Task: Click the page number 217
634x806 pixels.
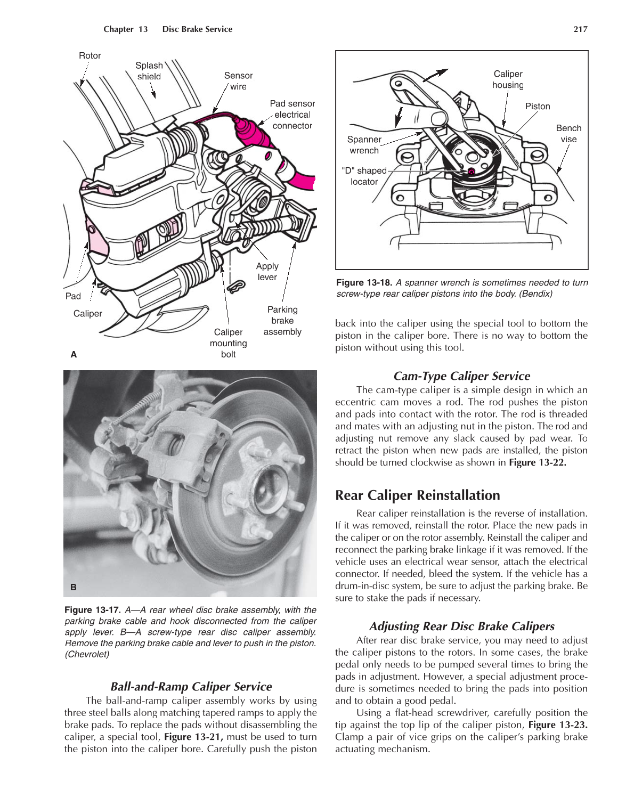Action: coord(580,29)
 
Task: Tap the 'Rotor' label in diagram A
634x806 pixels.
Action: coord(90,56)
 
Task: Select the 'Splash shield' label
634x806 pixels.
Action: coord(149,71)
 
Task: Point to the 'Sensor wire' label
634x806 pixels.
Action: coord(238,81)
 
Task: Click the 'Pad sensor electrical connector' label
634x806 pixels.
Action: coord(292,115)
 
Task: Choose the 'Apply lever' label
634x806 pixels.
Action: coord(267,272)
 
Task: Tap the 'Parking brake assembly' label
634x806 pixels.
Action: coord(282,321)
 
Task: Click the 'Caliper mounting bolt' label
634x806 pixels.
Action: coord(228,343)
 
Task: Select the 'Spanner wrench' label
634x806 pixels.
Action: coord(364,145)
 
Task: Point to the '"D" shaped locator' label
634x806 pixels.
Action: coord(364,176)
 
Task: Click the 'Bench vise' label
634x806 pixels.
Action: coord(568,134)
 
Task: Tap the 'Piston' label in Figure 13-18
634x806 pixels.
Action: coord(538,107)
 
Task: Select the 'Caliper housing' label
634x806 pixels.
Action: coord(508,79)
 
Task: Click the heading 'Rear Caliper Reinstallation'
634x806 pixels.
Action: coord(417,495)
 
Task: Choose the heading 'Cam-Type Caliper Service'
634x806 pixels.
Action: coord(461,376)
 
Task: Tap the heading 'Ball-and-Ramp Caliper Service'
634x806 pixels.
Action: coord(191,687)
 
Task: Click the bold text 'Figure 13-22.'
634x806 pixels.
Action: coord(537,462)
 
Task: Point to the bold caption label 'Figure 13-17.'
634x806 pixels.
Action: coord(93,610)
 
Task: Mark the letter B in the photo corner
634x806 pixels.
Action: coord(74,587)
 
